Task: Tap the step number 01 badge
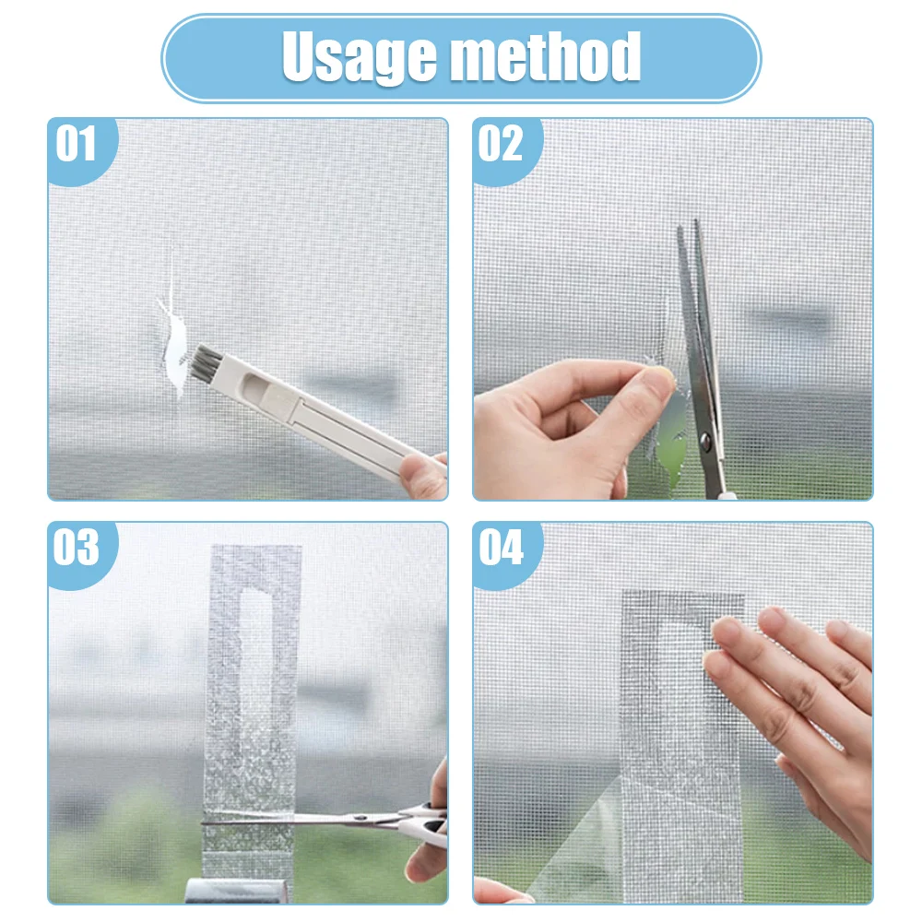76,144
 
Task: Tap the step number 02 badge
501,144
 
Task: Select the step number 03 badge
76,548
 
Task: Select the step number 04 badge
501,548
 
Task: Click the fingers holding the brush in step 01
425,475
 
